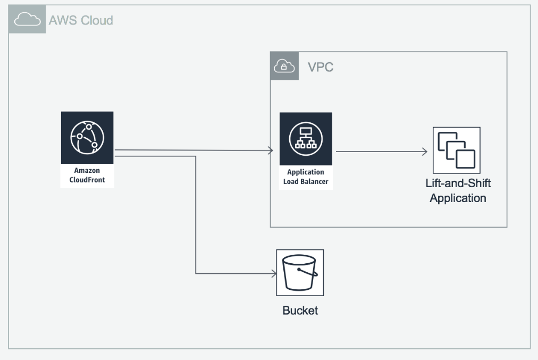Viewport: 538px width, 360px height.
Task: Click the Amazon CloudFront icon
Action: [x=87, y=137]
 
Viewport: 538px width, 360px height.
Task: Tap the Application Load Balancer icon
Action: [x=306, y=138]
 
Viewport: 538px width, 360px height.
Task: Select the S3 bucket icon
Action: [x=300, y=273]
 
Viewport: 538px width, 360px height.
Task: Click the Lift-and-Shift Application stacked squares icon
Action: [x=456, y=150]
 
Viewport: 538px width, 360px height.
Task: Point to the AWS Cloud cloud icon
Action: [x=27, y=20]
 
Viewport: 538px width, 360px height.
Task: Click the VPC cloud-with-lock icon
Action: [x=284, y=66]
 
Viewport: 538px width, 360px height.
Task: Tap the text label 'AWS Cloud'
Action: [x=81, y=21]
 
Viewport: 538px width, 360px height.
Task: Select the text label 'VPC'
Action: [x=321, y=68]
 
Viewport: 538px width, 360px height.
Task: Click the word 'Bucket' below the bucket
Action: [x=300, y=311]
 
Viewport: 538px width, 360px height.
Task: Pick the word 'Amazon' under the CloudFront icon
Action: [x=87, y=171]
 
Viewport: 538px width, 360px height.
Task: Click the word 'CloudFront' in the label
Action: [x=87, y=180]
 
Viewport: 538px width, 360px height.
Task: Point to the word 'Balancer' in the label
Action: [x=316, y=181]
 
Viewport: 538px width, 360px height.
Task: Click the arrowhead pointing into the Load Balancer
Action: [x=270, y=150]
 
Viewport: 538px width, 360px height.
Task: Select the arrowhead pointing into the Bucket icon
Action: [x=274, y=274]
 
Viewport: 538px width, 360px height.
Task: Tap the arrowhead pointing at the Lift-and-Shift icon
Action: [x=425, y=152]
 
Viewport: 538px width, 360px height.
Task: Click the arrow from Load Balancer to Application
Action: [x=380, y=152]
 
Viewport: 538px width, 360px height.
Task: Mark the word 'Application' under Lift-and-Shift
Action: [x=458, y=198]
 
